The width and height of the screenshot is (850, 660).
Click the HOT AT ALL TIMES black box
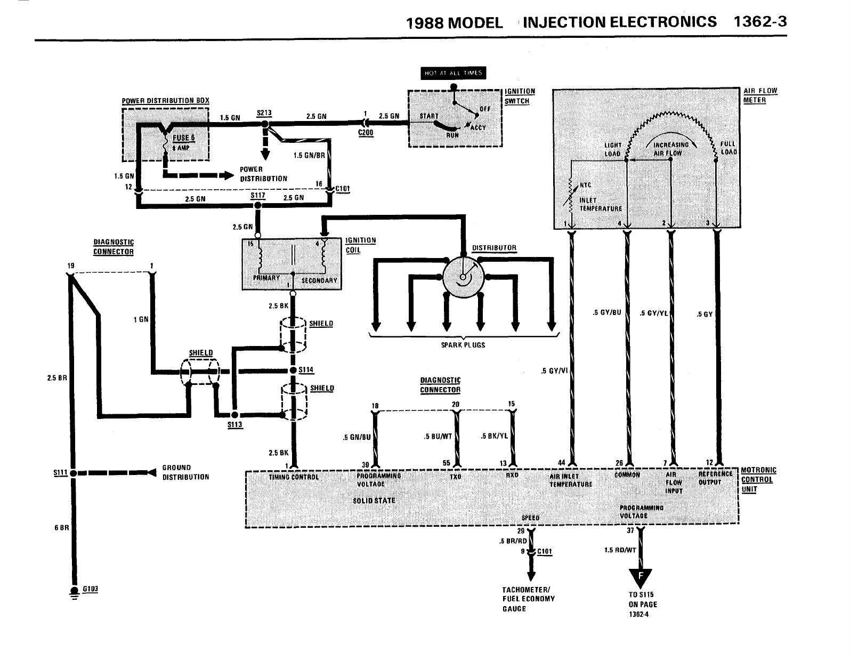453,73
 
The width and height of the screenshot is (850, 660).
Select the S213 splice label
264,113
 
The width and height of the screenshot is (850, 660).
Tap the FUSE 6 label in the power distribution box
184,138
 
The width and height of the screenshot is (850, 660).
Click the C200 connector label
366,133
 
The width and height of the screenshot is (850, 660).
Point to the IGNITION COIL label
361,245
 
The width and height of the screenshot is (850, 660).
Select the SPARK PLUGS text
463,345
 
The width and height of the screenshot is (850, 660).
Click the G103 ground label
90,589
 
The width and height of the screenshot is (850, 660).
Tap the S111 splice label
60,472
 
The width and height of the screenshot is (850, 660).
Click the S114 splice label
306,369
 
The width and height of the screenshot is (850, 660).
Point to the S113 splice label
234,425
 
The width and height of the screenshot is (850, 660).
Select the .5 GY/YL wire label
653,313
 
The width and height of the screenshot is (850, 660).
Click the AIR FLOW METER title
760,95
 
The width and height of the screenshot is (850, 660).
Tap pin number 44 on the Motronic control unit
561,462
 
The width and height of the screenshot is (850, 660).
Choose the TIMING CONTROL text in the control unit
294,477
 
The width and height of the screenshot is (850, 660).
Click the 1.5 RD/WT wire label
620,550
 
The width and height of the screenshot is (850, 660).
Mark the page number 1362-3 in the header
760,22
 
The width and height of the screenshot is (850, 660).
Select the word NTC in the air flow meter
585,185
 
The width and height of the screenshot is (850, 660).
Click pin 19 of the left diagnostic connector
70,266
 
